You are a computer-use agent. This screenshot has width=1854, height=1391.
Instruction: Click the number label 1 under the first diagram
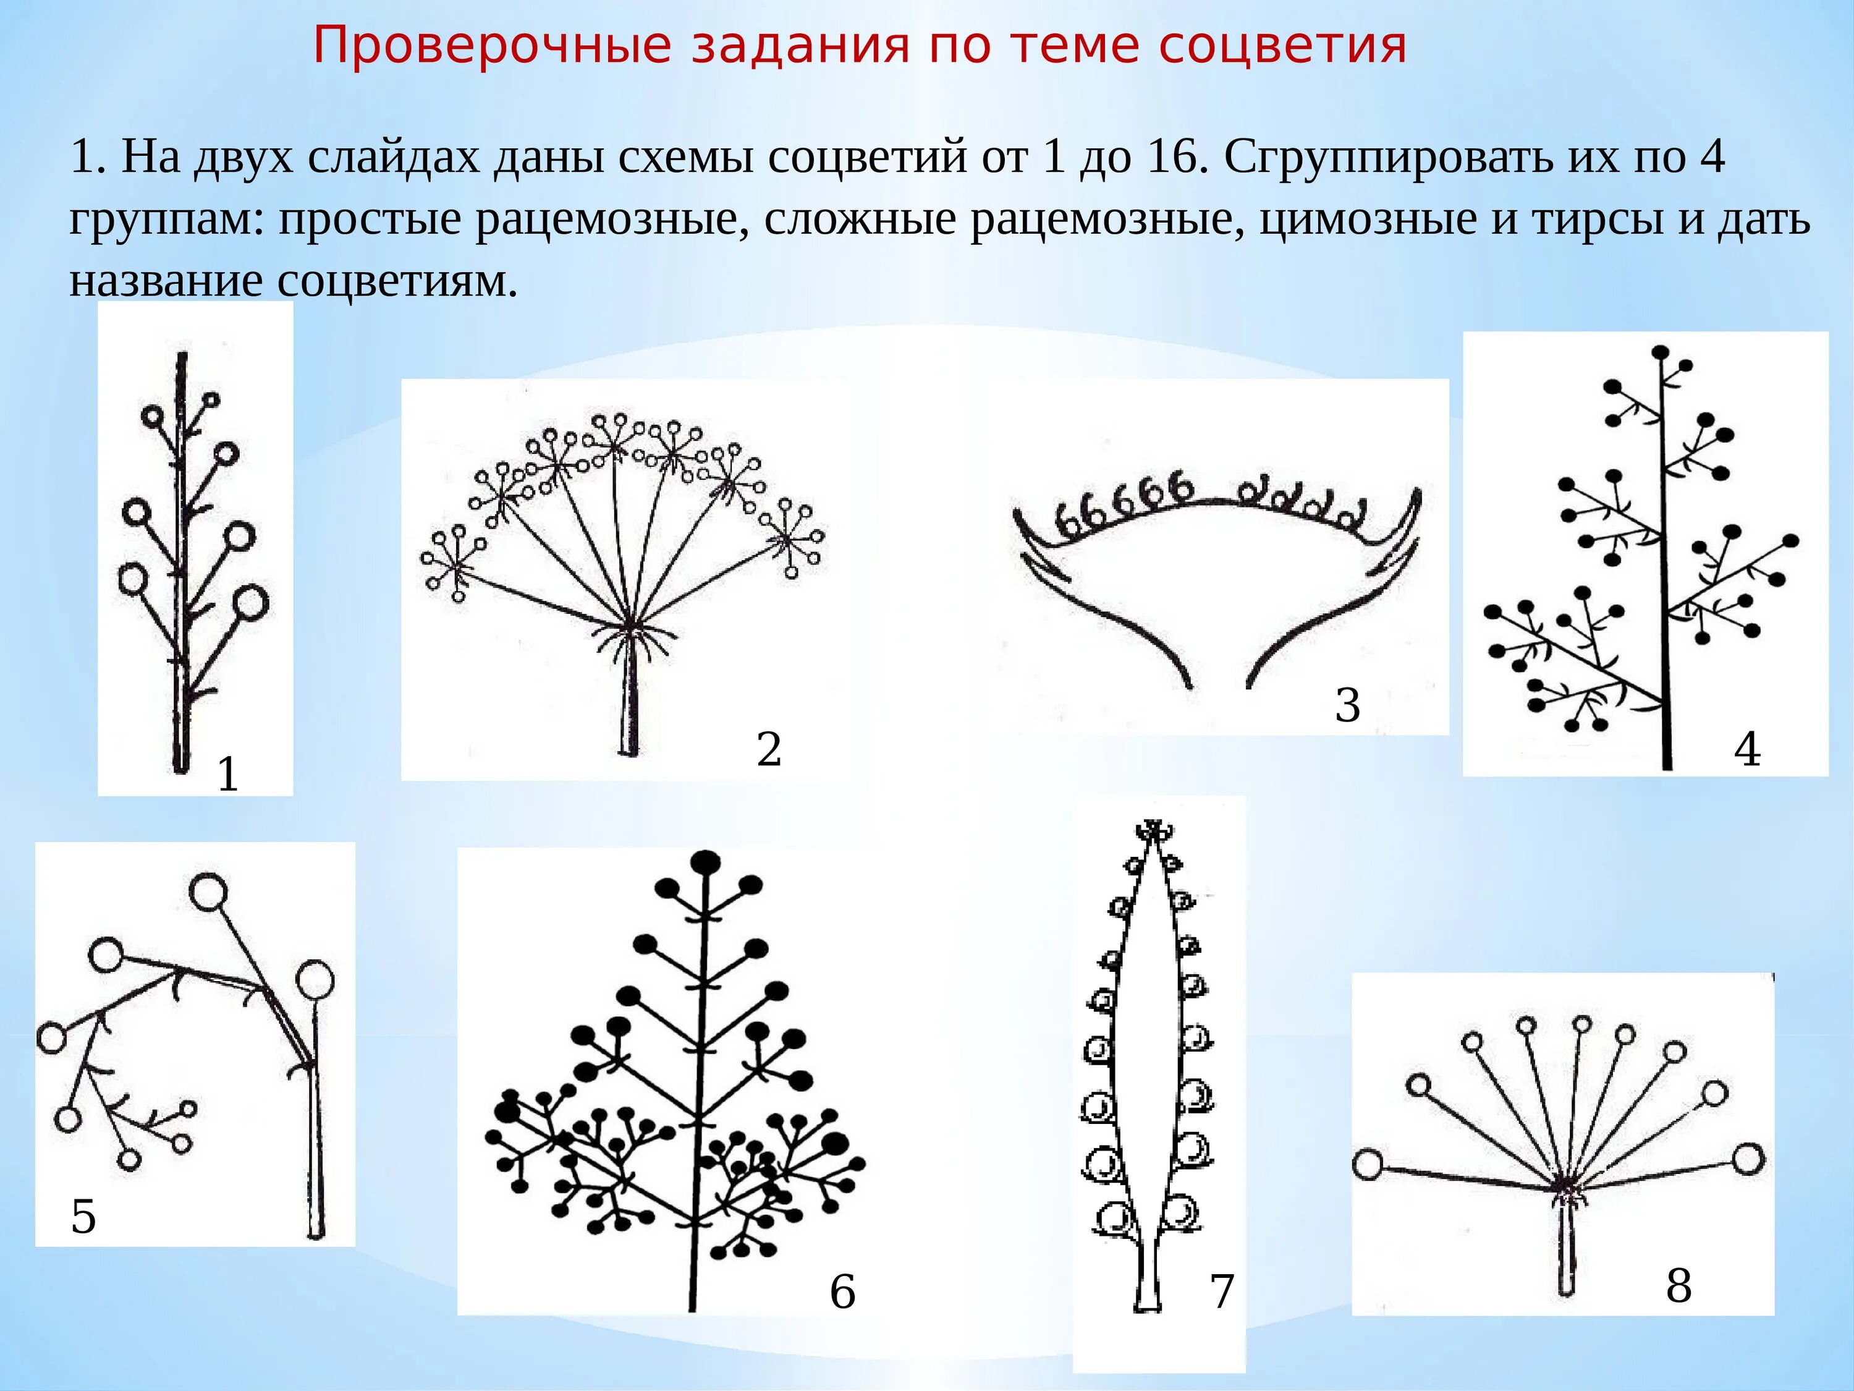tap(227, 774)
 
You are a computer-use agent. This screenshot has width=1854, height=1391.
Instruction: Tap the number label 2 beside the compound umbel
tap(769, 749)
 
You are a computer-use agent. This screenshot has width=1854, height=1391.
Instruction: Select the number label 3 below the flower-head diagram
tap(1347, 704)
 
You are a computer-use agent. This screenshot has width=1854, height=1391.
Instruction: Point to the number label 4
tap(1746, 749)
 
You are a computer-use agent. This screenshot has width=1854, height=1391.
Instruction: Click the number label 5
tap(83, 1216)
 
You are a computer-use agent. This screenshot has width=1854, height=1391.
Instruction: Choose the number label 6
tap(842, 1291)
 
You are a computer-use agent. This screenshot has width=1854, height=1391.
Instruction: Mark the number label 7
tap(1222, 1291)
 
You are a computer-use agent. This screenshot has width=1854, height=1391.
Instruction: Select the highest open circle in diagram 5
tap(207, 891)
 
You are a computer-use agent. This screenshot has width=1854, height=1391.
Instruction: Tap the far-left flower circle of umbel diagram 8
tap(1368, 1165)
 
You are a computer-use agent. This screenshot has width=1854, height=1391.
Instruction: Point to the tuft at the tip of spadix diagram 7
tap(1154, 830)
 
